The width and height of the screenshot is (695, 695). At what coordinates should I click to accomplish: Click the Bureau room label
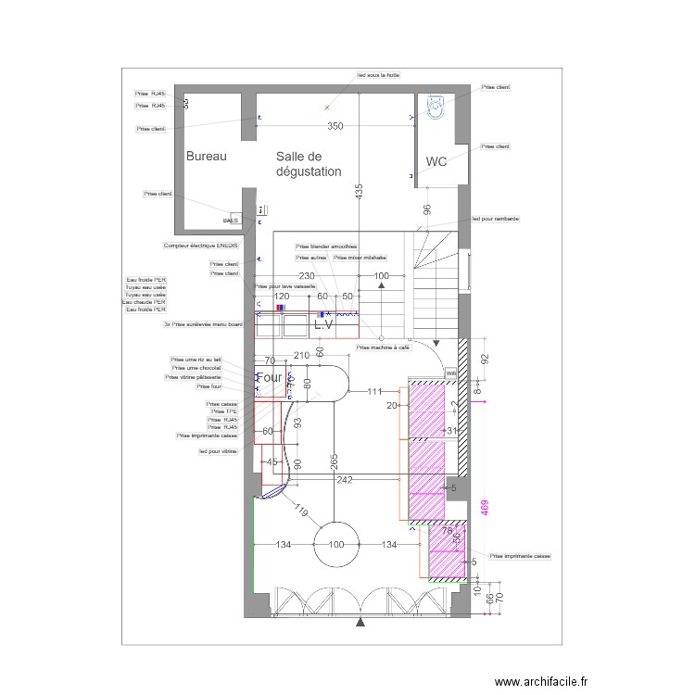206,157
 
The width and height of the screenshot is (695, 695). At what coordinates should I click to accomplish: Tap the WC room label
436,161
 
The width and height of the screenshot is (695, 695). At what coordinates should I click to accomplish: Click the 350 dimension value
335,126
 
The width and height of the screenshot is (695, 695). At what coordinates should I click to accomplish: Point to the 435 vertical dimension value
359,193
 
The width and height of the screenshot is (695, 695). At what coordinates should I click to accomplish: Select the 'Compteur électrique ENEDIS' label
200,246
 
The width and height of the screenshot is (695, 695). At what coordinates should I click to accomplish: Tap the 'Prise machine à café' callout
383,347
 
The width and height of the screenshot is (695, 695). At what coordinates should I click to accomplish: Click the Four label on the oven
269,378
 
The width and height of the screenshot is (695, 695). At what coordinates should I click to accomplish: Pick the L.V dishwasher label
323,326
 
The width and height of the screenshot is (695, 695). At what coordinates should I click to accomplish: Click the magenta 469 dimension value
483,509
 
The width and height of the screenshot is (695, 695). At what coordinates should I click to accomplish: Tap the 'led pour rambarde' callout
496,219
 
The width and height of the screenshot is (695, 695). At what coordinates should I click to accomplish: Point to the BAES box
231,221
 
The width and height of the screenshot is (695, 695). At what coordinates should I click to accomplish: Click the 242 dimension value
345,480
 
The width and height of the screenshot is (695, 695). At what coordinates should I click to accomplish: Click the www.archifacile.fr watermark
541,681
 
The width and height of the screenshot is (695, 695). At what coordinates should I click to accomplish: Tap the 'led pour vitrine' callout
218,451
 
